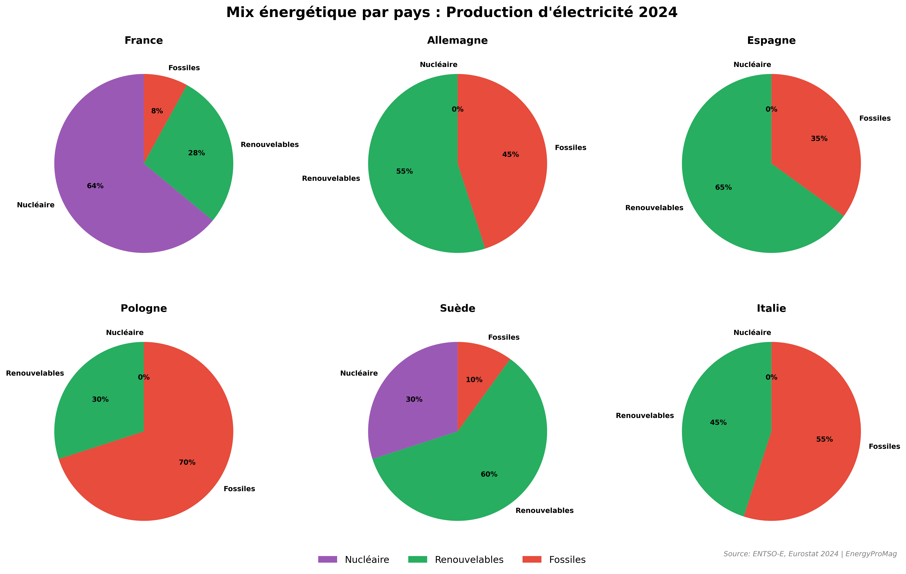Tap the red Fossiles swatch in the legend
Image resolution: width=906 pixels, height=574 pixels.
click(x=532, y=559)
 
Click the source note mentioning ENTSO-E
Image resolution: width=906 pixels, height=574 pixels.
click(x=810, y=554)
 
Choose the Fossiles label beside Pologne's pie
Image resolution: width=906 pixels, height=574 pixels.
click(x=239, y=489)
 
